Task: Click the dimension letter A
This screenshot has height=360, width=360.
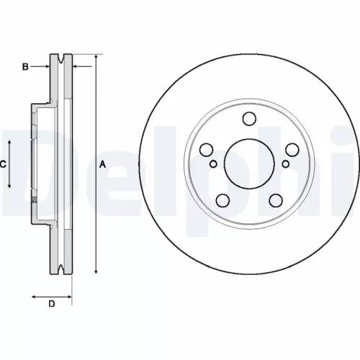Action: pyautogui.click(x=103, y=164)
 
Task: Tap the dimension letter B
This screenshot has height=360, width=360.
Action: pyautogui.click(x=24, y=67)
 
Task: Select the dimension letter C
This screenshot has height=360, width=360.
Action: pyautogui.click(x=3, y=164)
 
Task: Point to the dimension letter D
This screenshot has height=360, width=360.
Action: pyautogui.click(x=52, y=304)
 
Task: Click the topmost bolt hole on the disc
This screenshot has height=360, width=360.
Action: pyautogui.click(x=250, y=120)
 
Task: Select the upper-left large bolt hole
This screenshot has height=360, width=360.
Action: pyautogui.click(x=205, y=150)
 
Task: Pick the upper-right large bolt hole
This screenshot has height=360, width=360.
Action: pyautogui.click(x=293, y=150)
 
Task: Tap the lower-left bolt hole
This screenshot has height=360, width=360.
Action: pyautogui.click(x=222, y=202)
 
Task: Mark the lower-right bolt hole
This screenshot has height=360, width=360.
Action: pyautogui.click(x=276, y=202)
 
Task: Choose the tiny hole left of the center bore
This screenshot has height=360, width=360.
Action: pyautogui.click(x=214, y=164)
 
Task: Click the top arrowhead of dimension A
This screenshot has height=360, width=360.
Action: pyautogui.click(x=96, y=57)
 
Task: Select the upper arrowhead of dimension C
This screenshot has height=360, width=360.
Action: pyautogui.click(x=10, y=144)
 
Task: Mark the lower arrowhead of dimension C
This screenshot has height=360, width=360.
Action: pyautogui.click(x=10, y=185)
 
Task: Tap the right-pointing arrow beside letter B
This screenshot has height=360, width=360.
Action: pyautogui.click(x=45, y=67)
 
